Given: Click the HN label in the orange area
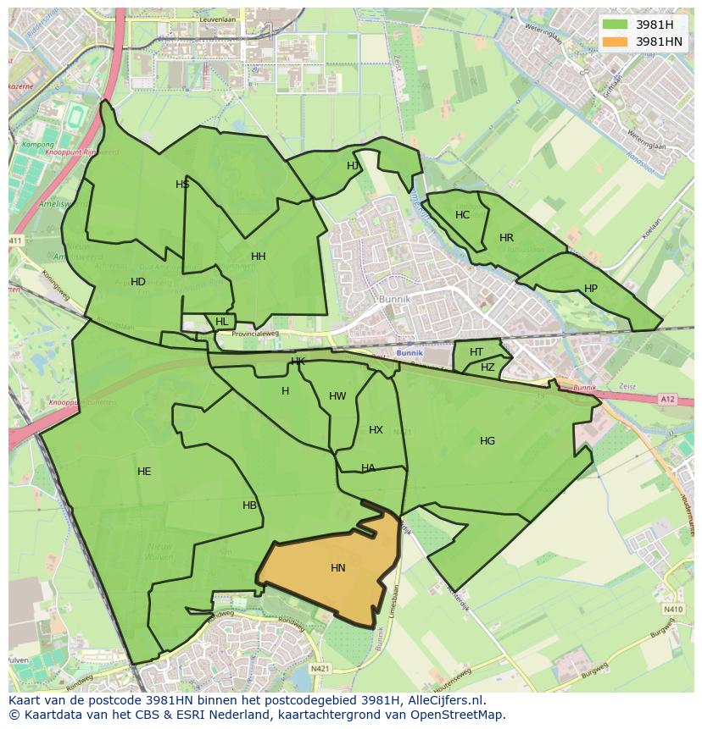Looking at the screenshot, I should point(338,568).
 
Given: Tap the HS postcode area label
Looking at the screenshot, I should point(182,185).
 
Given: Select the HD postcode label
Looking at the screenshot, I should point(138,282).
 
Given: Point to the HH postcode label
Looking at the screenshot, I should point(259,257).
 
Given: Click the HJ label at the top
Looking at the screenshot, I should point(353,166).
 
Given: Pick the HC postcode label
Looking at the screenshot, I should point(462,215).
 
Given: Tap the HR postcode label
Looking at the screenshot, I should point(506,238).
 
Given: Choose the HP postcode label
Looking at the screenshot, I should point(591,289).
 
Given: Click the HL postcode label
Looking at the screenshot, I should point(222,322).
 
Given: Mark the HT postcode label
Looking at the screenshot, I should point(476,352).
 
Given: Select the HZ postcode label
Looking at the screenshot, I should point(487,367).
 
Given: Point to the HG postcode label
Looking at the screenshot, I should point(487,441).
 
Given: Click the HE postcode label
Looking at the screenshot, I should point(144,472).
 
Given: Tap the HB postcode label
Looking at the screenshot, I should point(249,505).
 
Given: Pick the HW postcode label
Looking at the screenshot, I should point(337,396).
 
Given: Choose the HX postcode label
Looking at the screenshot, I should point(376,430).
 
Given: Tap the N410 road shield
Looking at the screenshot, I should point(673,609).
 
